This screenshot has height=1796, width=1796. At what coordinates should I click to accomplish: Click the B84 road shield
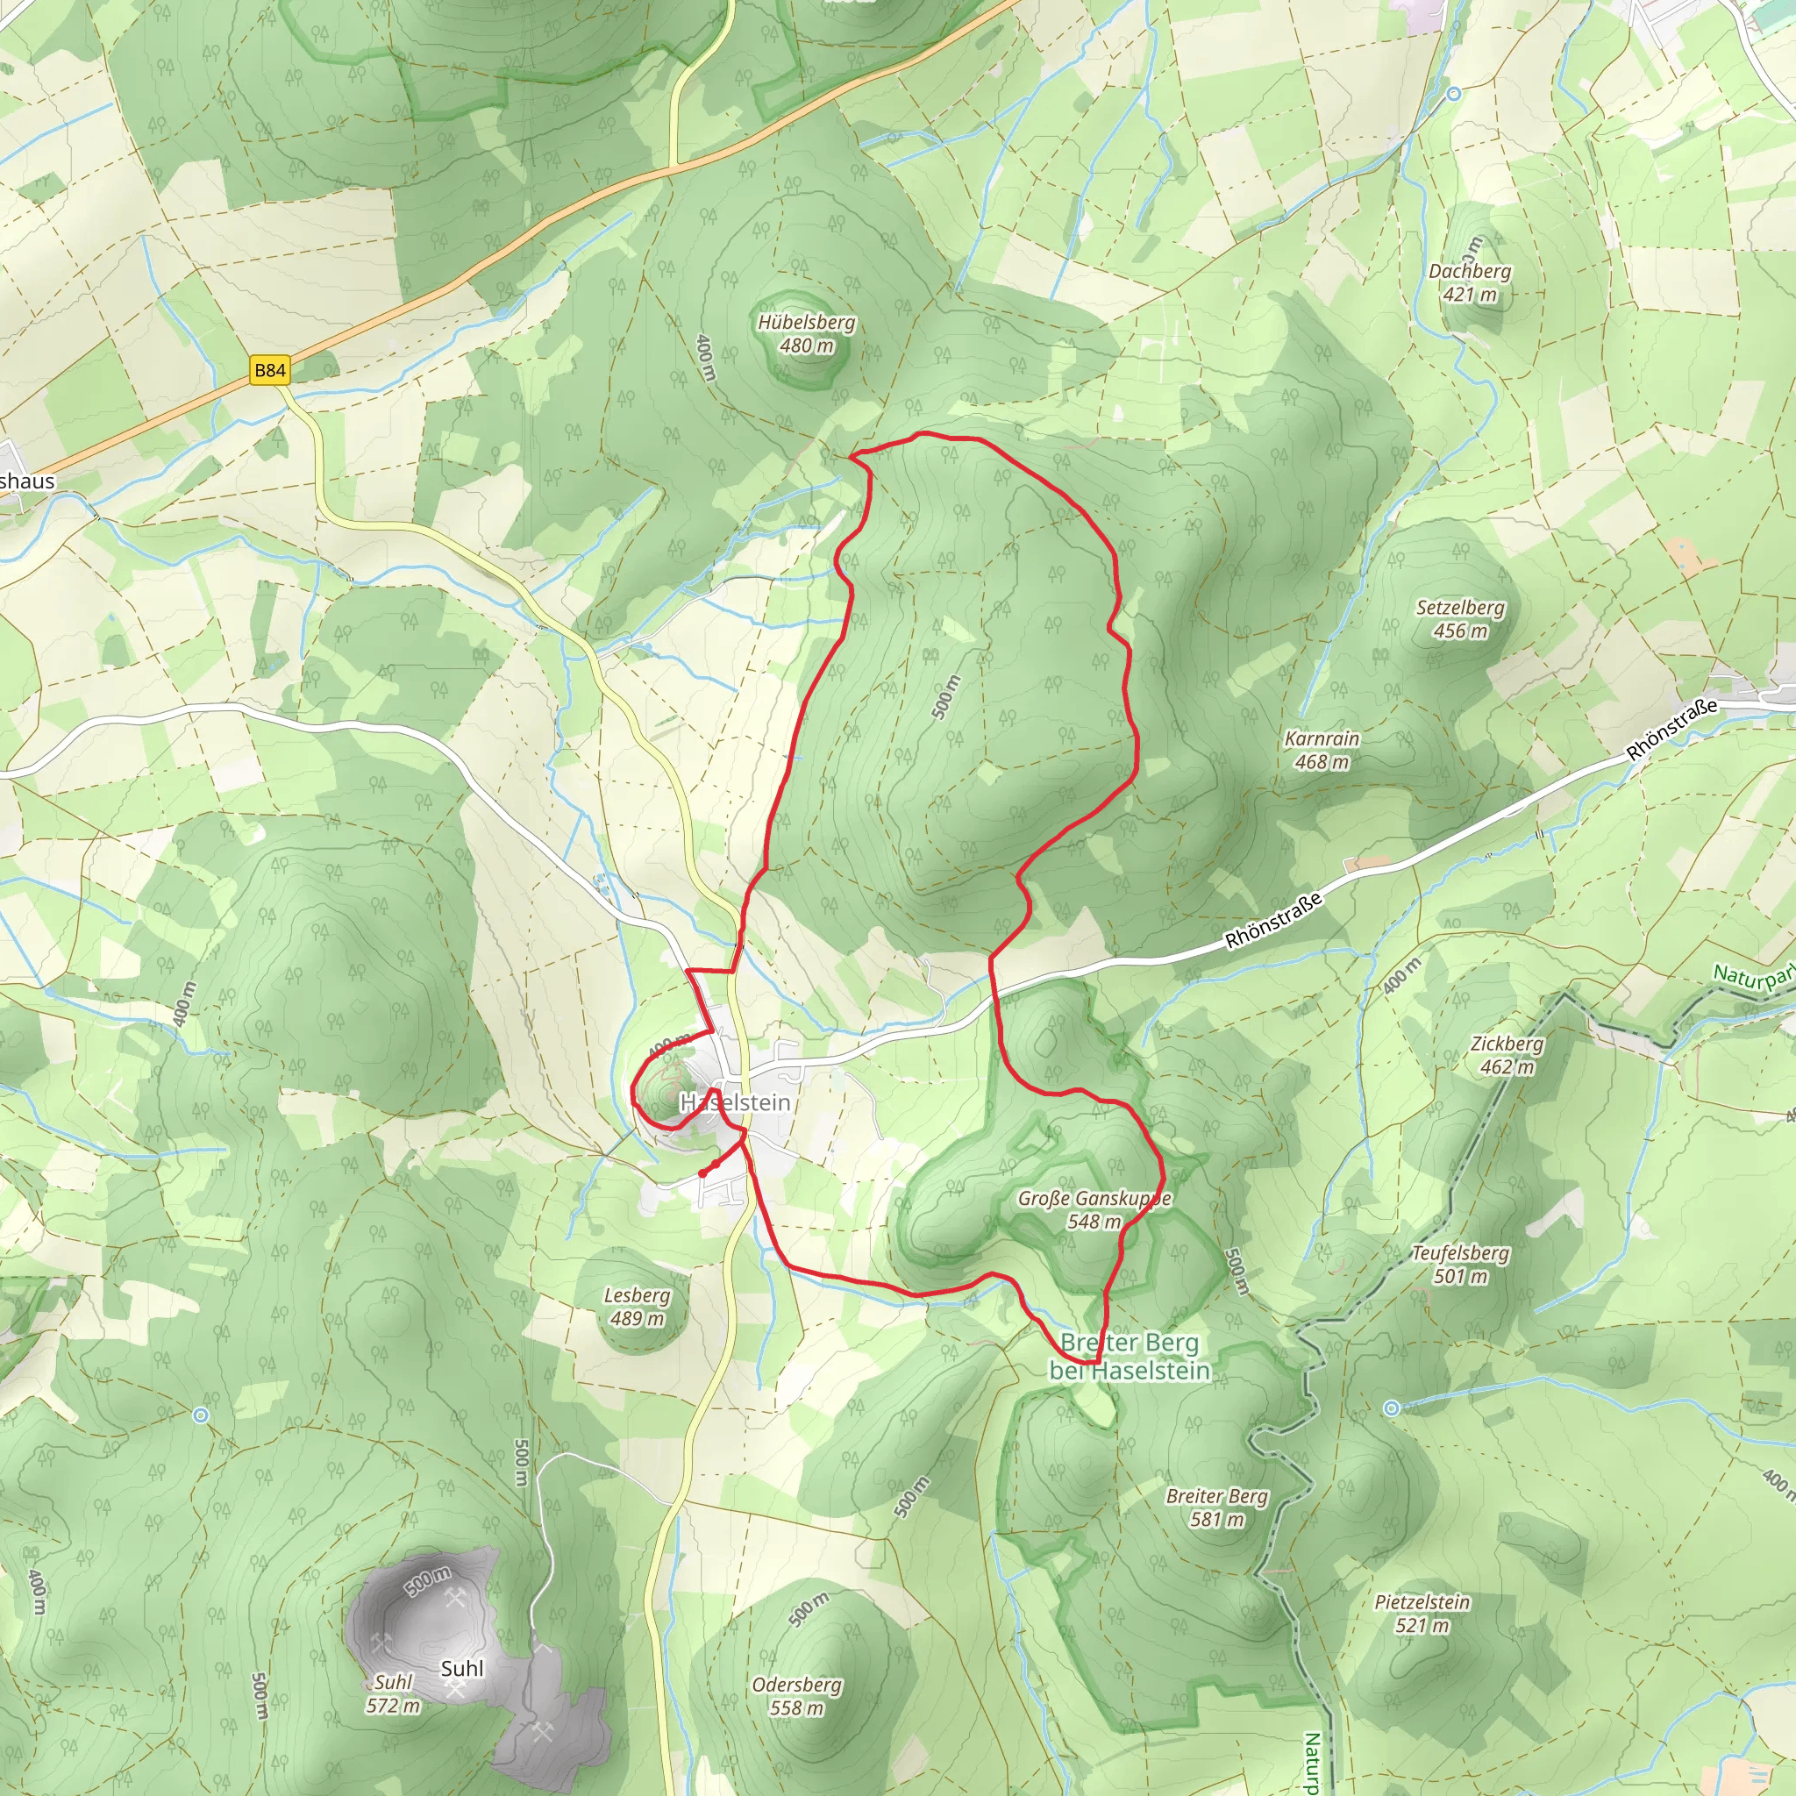[269, 370]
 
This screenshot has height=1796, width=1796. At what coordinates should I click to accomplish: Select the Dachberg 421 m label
[1470, 282]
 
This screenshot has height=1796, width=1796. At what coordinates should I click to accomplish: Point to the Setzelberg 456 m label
[1460, 619]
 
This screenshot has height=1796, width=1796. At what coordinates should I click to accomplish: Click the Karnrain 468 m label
[1322, 750]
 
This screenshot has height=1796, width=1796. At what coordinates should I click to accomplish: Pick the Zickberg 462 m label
[1507, 1055]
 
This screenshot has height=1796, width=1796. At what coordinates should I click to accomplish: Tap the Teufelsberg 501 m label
[1460, 1265]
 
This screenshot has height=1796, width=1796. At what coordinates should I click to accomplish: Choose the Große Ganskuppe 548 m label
[1094, 1209]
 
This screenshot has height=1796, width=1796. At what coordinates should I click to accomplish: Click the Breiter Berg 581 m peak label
[1217, 1507]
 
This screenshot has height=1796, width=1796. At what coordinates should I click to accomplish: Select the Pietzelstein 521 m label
[1422, 1613]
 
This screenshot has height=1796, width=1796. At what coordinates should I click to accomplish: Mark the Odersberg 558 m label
[796, 1696]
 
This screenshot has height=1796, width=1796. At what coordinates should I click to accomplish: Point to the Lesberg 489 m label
[637, 1306]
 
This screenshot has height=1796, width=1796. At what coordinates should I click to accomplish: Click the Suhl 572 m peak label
[393, 1693]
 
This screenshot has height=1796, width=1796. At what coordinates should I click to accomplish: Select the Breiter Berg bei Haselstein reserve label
[1130, 1357]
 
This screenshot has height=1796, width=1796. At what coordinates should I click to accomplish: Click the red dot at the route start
[702, 1173]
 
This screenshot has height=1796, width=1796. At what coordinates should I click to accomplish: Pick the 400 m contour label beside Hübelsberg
[706, 357]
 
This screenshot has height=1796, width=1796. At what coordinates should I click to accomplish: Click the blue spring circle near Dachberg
[1454, 94]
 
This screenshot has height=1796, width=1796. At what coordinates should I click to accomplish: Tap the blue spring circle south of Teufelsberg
[1391, 1408]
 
